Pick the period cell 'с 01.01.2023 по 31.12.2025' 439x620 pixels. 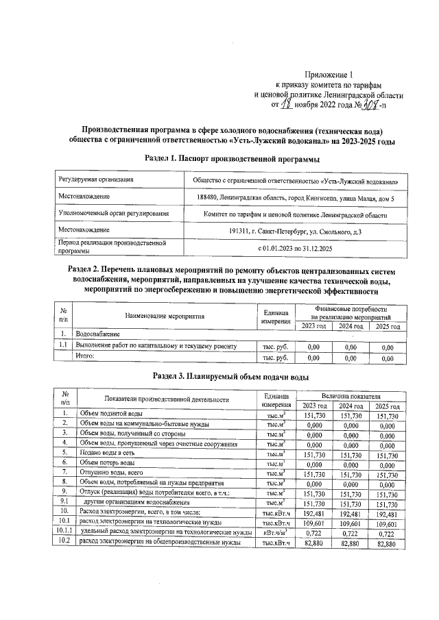[x=294, y=247]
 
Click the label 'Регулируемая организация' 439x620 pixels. [x=96, y=181]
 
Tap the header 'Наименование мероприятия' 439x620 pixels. [x=165, y=317]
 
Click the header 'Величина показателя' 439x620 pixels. [x=351, y=397]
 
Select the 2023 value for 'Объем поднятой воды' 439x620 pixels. [x=313, y=415]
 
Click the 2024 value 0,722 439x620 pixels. [x=351, y=532]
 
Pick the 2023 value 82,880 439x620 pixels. [x=313, y=543]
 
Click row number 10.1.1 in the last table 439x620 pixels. [x=64, y=532]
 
